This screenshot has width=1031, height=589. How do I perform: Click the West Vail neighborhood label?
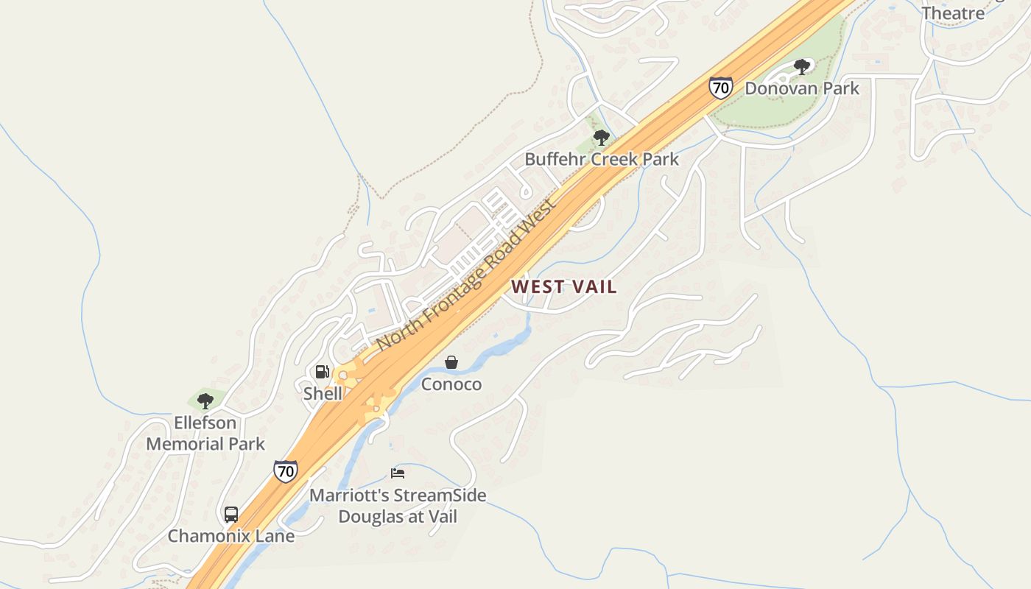[x=564, y=286]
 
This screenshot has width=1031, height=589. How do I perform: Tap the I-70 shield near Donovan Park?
[x=721, y=88]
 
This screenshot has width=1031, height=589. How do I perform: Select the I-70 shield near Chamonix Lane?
[x=286, y=470]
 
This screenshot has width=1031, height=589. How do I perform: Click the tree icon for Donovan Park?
[x=802, y=67]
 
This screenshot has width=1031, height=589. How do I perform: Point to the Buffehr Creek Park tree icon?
[x=602, y=137]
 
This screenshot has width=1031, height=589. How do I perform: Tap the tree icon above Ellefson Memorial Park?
[x=205, y=401]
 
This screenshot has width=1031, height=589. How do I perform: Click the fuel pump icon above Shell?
[x=323, y=372]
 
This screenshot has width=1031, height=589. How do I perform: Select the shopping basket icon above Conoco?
[x=451, y=362]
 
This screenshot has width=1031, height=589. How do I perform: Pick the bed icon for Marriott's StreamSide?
[x=398, y=473]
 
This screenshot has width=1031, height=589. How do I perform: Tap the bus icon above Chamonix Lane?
[x=231, y=514]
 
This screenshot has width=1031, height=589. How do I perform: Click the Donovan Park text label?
[x=802, y=88]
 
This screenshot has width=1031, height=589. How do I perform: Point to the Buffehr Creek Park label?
[x=602, y=159]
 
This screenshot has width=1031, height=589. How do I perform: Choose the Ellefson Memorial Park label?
[x=205, y=434]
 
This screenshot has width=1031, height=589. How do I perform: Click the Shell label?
[x=323, y=393]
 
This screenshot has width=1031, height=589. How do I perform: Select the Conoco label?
[x=451, y=384]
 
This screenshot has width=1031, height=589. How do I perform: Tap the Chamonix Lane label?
[x=231, y=536]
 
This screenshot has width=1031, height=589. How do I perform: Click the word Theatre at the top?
[x=953, y=13]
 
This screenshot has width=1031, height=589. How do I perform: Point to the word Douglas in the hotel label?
[x=371, y=517]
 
